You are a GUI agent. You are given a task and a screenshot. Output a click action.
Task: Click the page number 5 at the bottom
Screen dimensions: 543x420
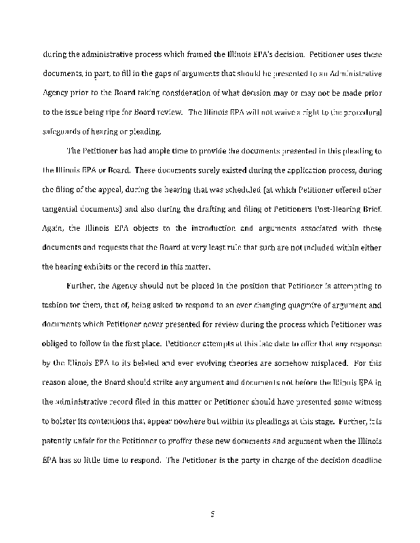[x=212, y=515]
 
